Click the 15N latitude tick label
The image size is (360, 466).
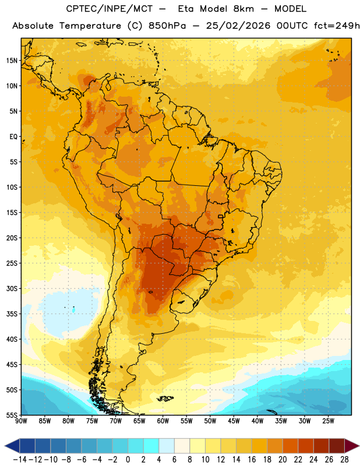(x=12, y=61)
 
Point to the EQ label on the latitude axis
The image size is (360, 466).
(x=13, y=137)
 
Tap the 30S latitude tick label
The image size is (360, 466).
(x=12, y=288)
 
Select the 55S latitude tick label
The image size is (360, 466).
(x=12, y=415)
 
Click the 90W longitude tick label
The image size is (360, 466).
(x=21, y=421)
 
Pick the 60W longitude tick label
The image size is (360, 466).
(x=163, y=421)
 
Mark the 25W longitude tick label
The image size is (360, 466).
(x=328, y=421)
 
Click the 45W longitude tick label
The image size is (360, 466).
(x=234, y=421)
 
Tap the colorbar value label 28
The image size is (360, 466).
(x=344, y=460)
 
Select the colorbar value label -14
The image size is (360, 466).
(x=20, y=460)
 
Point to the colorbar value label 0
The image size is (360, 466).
(x=128, y=460)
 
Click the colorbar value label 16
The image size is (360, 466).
(x=252, y=460)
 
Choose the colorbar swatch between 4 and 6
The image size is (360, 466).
(x=167, y=446)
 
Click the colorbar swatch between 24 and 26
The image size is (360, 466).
(x=322, y=446)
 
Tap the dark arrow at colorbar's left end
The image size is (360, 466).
(x=12, y=446)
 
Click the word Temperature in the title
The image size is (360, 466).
(x=90, y=26)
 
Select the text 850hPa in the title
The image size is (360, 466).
(x=167, y=26)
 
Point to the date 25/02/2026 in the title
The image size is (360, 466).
(x=238, y=26)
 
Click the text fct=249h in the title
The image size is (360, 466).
(x=337, y=26)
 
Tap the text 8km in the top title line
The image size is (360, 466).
(x=243, y=9)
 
